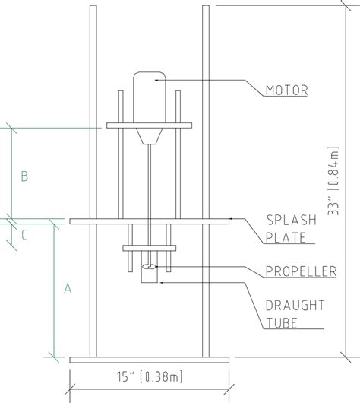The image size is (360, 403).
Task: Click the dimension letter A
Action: tap(68, 288)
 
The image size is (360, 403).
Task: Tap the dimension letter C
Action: tap(25, 235)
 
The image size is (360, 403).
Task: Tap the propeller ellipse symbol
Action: tap(150, 267)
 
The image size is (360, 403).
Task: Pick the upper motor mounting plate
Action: tap(150, 125)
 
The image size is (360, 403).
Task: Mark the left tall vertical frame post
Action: tap(93, 182)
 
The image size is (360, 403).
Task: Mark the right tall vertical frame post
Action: tap(206, 182)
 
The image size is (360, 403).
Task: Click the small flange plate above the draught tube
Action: tap(150, 248)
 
